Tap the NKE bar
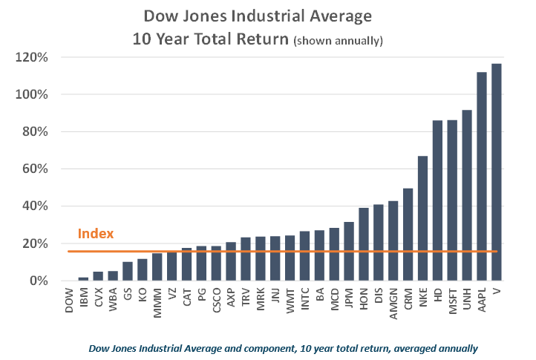pyautogui.click(x=422, y=218)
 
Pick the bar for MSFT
pyautogui.click(x=452, y=200)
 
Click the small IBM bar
pyautogui.click(x=84, y=278)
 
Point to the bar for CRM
pyautogui.click(x=408, y=235)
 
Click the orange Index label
pyautogui.click(x=96, y=234)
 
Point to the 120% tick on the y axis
pyautogui.click(x=33, y=57)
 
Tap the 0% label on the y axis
pyautogui.click(x=39, y=281)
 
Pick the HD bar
pyautogui.click(x=437, y=200)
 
